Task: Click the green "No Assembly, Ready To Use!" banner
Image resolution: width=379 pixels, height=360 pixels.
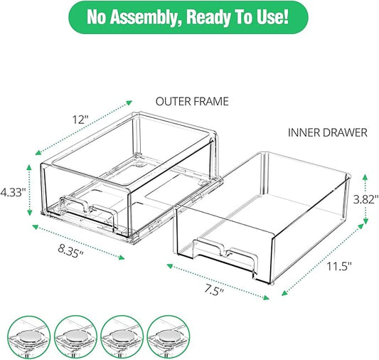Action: coord(188,17)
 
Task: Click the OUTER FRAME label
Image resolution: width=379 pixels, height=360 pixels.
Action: coord(192,101)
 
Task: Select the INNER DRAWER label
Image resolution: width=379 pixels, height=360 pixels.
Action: coord(328,132)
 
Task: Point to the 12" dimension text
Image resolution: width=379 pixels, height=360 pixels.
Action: coord(81,120)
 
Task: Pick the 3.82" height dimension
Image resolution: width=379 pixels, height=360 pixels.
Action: coord(366,200)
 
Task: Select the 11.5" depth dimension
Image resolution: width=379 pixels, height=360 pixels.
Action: coord(339,266)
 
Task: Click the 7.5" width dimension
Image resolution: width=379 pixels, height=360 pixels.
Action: coord(213,289)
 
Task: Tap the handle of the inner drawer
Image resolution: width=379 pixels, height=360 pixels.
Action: coord(225,254)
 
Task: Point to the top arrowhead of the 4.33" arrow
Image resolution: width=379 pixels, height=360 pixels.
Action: coord(29,166)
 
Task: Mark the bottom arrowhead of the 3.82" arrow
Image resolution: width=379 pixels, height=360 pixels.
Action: coord(365,221)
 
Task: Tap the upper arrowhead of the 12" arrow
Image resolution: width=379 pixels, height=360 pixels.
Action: coord(129,102)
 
